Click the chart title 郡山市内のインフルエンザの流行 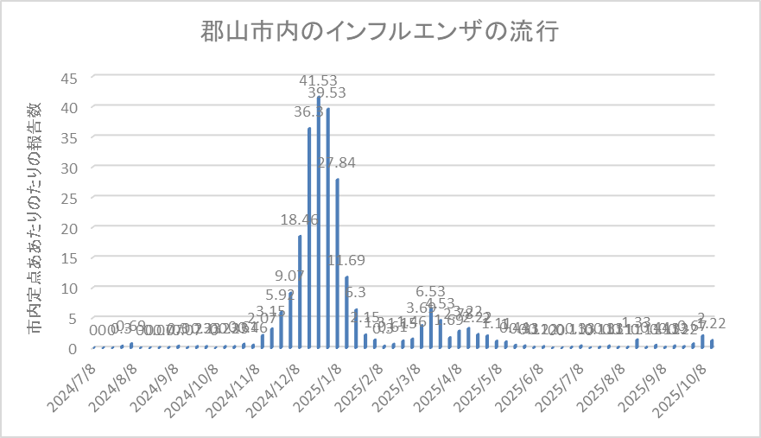380,33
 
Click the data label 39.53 327,92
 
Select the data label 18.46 300,219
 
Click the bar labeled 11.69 347,311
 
